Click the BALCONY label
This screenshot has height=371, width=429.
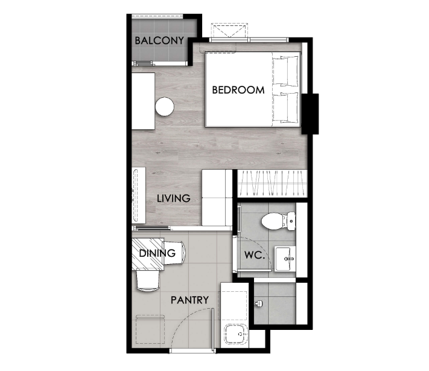pyautogui.click(x=159, y=40)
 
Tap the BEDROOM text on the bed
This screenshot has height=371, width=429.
pyautogui.click(x=238, y=90)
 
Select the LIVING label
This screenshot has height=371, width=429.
pyautogui.click(x=173, y=198)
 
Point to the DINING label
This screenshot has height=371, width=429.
pyautogui.click(x=157, y=253)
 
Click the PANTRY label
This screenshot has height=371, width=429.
pyautogui.click(x=189, y=300)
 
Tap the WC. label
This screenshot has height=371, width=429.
pyautogui.click(x=255, y=255)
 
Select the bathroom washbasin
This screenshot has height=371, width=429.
pyautogui.click(x=285, y=259)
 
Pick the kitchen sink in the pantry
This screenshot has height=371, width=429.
pyautogui.click(x=236, y=334)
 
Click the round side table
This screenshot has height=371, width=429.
pyautogui.click(x=165, y=106)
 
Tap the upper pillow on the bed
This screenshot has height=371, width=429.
pyautogui.click(x=288, y=71)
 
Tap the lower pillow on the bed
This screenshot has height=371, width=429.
pyautogui.click(x=288, y=108)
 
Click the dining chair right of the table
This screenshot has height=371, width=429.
pyautogui.click(x=174, y=253)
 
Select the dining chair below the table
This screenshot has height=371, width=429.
pyautogui.click(x=148, y=280)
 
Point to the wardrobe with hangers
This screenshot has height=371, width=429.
pyautogui.click(x=272, y=184)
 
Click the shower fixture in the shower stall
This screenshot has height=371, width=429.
pyautogui.click(x=259, y=303)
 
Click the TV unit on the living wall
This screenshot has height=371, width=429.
pyautogui.click(x=139, y=196)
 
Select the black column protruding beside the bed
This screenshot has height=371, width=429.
pyautogui.click(x=310, y=114)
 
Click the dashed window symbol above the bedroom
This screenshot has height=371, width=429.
pyautogui.click(x=229, y=30)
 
